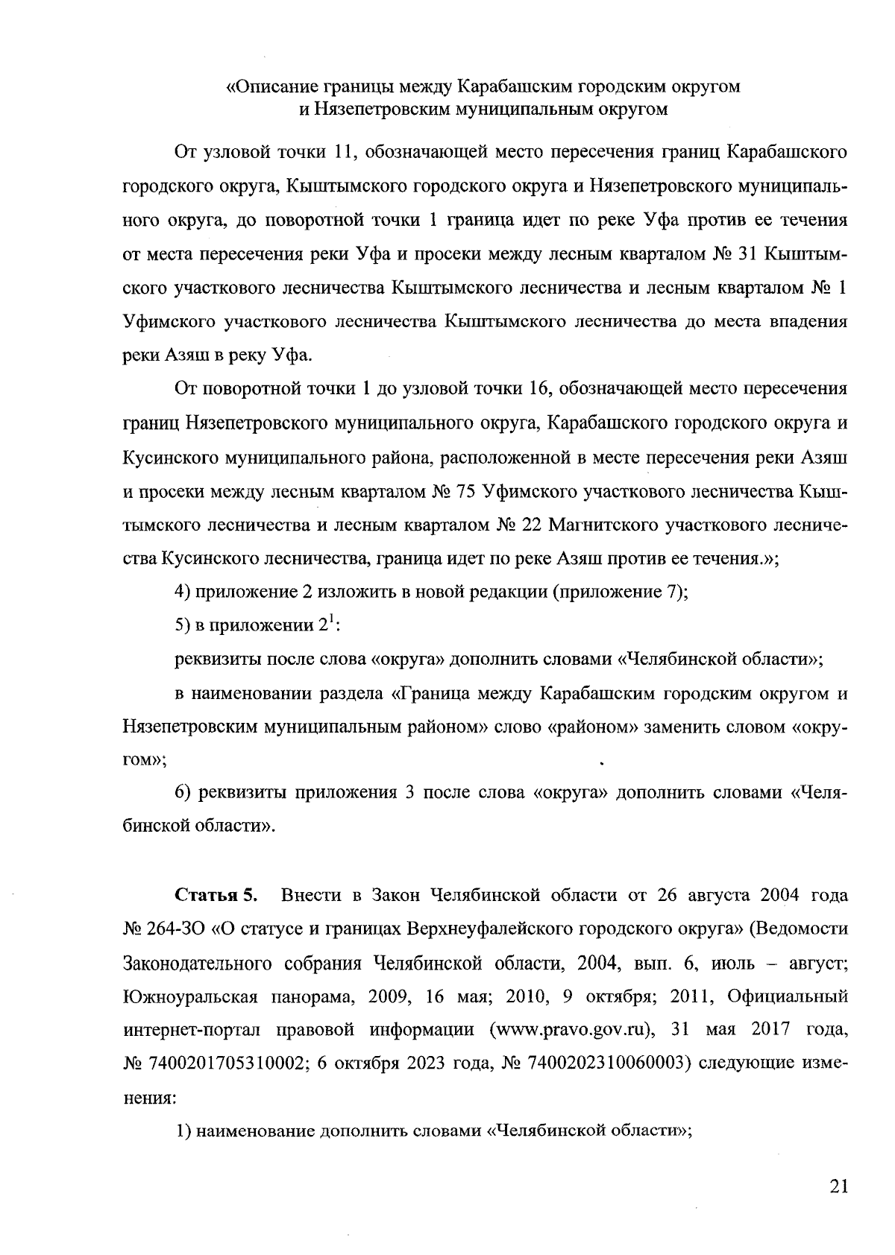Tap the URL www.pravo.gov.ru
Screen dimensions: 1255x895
[x=567, y=1029]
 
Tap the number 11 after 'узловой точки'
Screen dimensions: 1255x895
[x=340, y=154]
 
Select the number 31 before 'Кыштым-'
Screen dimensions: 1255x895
[x=748, y=254]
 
